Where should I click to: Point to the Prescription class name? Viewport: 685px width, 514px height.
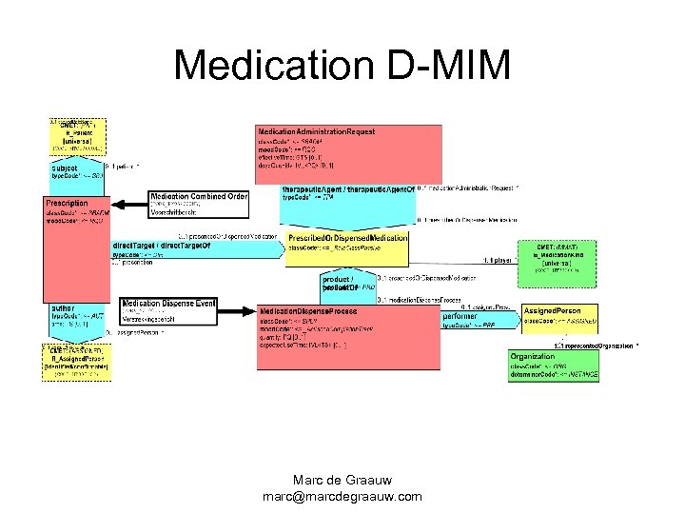68,203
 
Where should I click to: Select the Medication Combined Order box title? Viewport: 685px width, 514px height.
198,197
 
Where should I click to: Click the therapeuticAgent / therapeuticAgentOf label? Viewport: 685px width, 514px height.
348,189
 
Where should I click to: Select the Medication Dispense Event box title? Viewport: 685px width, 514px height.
168,303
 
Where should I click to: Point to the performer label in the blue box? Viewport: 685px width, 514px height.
461,315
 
